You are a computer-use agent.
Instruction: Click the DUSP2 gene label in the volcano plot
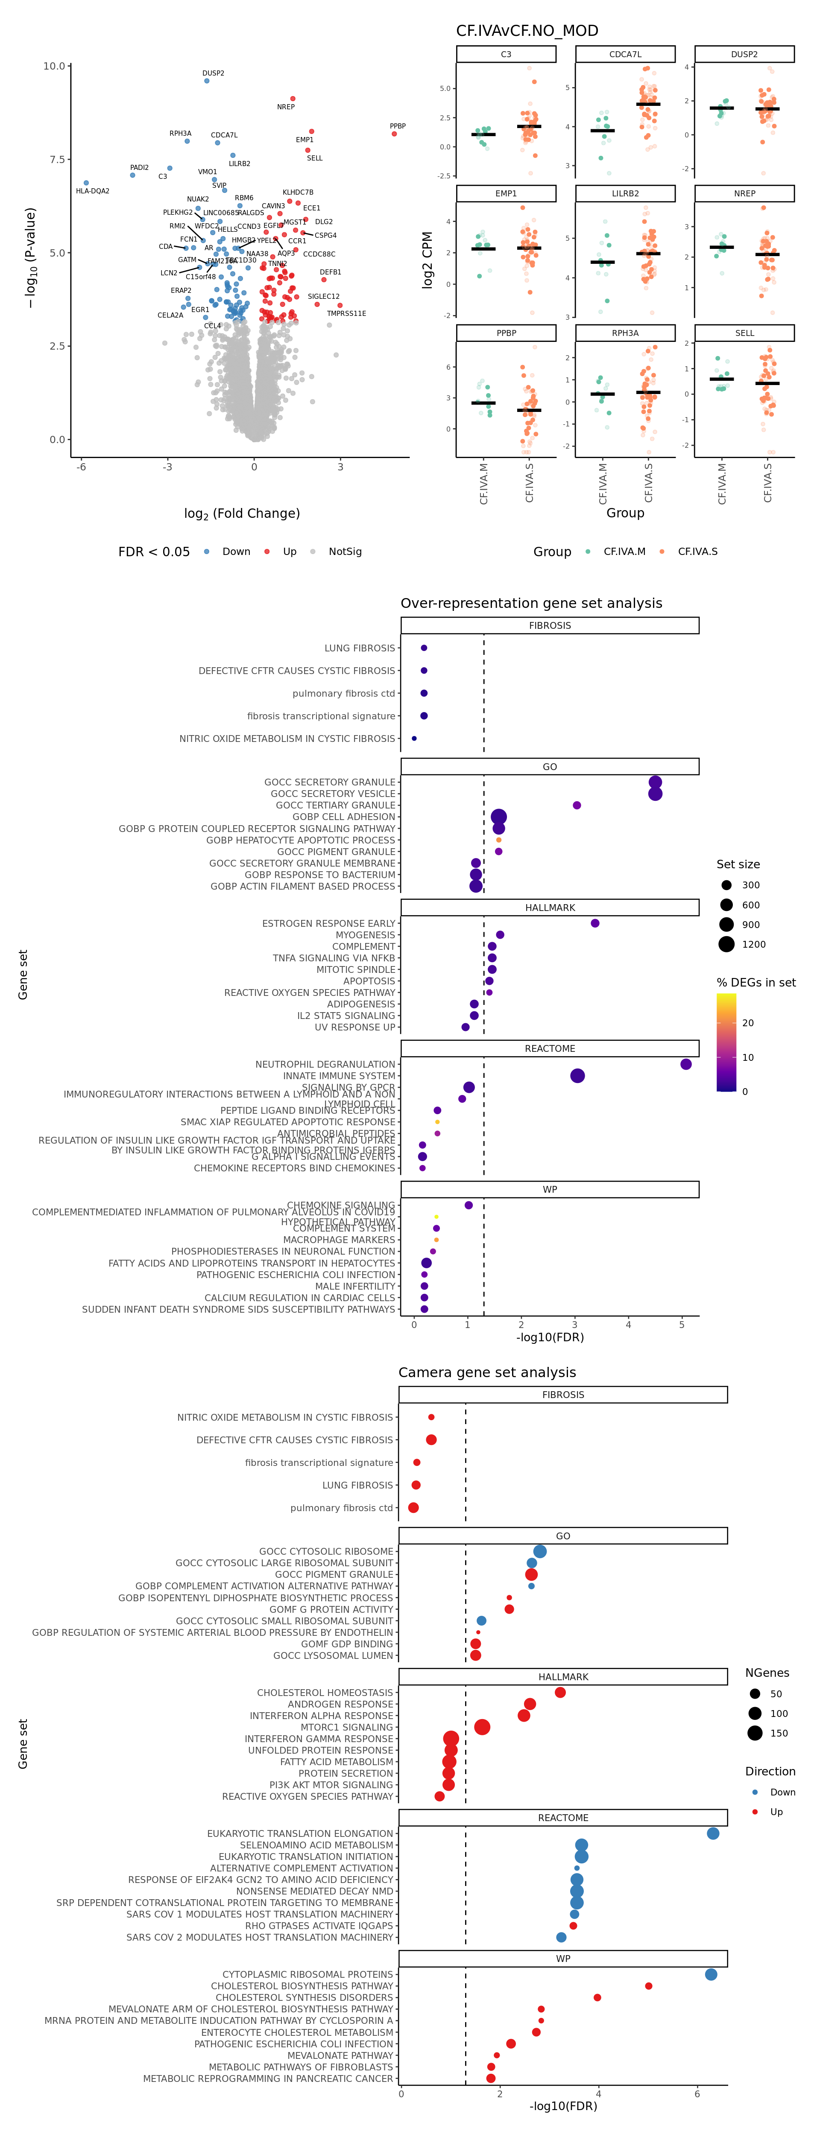214,73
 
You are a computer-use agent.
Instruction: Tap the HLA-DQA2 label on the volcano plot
93,191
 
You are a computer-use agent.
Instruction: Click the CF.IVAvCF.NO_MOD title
527,31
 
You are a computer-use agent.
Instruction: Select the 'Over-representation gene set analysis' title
531,603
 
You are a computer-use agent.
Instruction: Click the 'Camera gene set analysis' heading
487,1372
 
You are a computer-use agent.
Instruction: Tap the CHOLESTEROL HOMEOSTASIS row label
325,1693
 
